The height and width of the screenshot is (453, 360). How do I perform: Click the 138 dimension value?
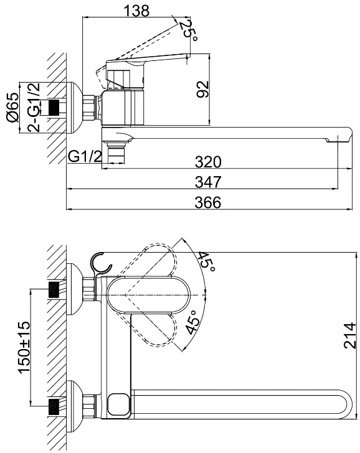tap(136, 11)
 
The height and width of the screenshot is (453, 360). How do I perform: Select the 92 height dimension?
tap(202, 89)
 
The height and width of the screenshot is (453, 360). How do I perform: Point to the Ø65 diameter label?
tap(12, 108)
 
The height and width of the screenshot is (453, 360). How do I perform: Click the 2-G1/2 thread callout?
tap(34, 108)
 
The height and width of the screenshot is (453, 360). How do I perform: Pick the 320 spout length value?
tap(208, 162)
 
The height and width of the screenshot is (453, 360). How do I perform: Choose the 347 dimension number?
tap(208, 182)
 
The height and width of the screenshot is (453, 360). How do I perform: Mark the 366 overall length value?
tap(208, 202)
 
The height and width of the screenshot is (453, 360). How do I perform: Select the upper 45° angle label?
tap(207, 262)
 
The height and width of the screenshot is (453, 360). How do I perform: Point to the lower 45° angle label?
tap(192, 322)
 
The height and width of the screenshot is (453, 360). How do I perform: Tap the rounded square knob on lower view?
tap(118, 404)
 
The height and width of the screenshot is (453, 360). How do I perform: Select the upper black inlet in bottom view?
tap(54, 290)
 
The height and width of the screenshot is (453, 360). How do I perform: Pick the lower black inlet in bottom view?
tap(54, 407)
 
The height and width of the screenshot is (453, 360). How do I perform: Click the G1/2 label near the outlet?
tap(85, 157)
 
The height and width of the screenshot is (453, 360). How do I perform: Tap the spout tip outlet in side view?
tap(333, 141)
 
